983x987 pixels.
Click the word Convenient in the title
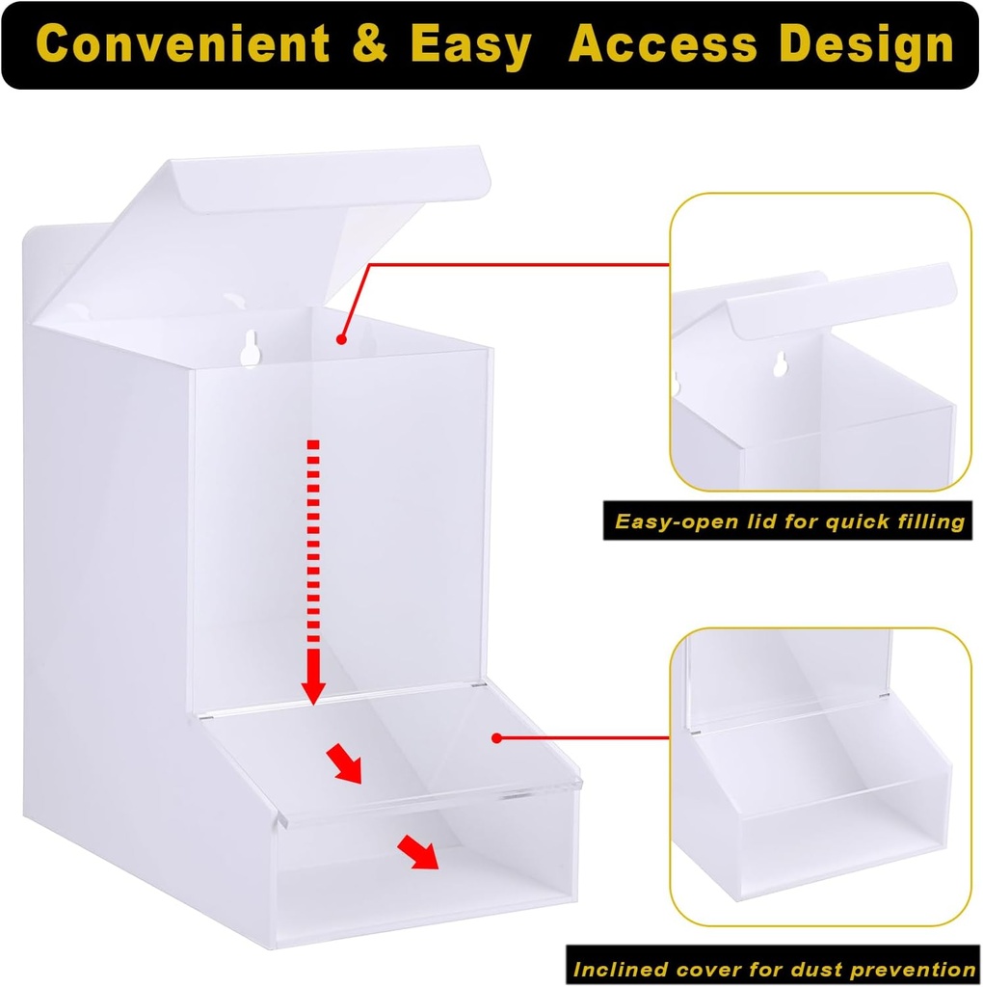183,44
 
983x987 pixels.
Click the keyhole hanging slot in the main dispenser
250,348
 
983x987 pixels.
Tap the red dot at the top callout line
341,338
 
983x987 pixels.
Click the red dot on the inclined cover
496,738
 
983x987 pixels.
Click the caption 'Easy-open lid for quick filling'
789,521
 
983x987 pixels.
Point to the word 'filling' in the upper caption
925,521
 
